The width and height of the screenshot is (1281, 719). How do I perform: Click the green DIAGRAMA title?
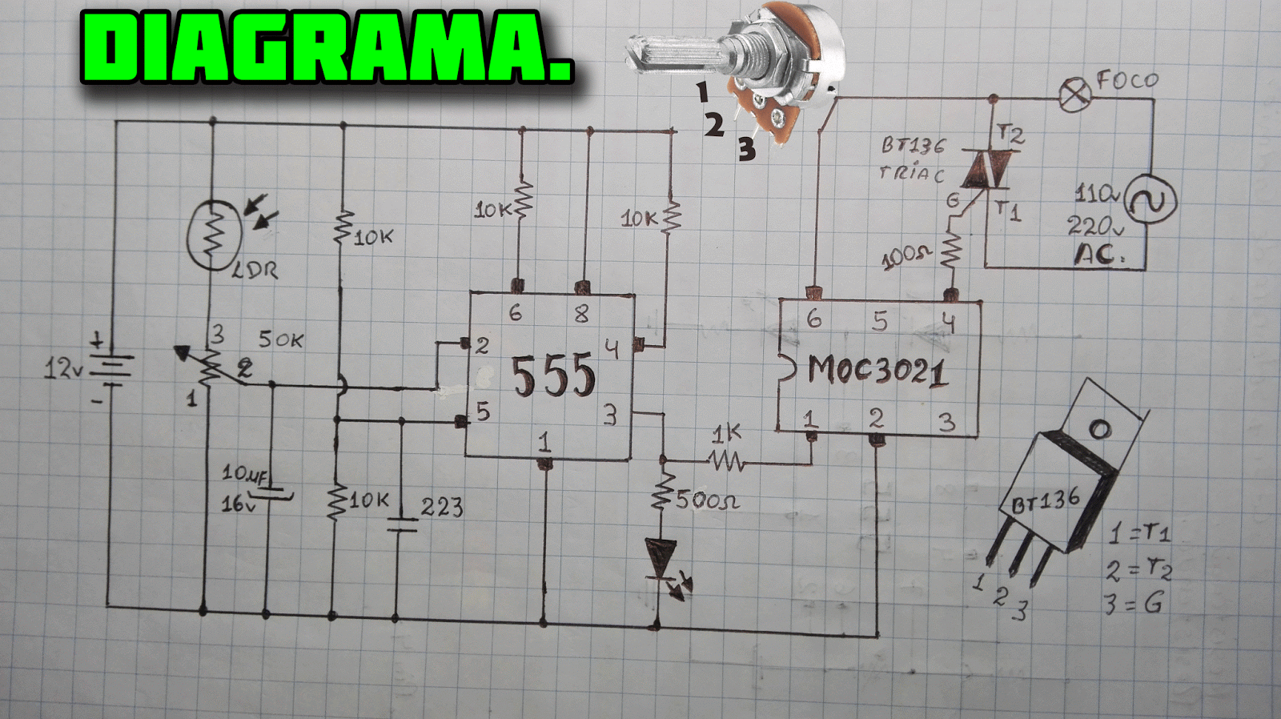(327, 48)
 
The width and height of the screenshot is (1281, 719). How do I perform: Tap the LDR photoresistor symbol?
(213, 234)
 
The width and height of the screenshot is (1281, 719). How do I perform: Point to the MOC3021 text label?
(877, 371)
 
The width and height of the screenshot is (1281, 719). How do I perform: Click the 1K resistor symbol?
(727, 460)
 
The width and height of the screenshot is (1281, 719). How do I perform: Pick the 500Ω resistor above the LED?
(661, 492)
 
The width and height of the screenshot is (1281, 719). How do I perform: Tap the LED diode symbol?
(661, 559)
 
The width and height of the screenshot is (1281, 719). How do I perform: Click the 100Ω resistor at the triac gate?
(950, 250)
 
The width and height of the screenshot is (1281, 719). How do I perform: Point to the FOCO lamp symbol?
(1074, 95)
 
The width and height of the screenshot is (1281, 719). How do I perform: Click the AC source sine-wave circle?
(1150, 200)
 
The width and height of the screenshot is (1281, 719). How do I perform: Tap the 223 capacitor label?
(442, 507)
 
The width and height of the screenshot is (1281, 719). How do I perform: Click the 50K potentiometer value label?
(280, 339)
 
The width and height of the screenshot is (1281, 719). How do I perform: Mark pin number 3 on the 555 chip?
(610, 416)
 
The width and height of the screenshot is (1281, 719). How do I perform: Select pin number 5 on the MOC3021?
(880, 321)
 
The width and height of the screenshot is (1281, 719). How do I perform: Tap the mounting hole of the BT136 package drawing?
(1100, 430)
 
